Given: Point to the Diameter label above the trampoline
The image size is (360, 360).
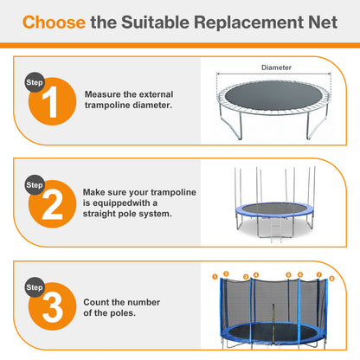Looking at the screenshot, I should click(276, 67).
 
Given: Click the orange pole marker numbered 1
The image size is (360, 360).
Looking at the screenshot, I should click(214, 278).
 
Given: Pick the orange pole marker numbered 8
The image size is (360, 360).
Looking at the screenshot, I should click(331, 278).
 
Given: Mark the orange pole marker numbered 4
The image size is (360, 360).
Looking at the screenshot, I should click(255, 275).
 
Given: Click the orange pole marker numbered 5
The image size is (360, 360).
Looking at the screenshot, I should click(288, 275).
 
